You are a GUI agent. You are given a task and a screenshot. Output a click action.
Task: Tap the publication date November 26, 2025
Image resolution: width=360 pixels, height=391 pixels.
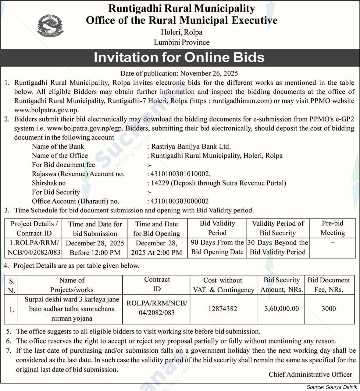click(x=209, y=73)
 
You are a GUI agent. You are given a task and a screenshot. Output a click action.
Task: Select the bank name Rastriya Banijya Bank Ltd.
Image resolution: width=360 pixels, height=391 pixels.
click(x=191, y=146)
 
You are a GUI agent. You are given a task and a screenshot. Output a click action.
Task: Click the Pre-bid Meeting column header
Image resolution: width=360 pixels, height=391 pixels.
click(x=333, y=228)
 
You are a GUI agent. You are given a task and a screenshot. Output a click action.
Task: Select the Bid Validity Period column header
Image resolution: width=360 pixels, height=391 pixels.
click(x=217, y=228)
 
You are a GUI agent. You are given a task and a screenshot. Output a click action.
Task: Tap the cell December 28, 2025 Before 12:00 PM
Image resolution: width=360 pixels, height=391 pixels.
click(x=95, y=248)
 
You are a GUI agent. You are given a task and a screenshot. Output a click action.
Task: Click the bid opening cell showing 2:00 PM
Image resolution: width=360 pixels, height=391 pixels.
click(x=156, y=248)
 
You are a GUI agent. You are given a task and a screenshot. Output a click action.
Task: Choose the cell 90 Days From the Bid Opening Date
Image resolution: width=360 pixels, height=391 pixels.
click(x=217, y=247)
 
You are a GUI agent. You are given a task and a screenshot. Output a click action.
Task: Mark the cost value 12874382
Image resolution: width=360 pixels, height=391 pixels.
click(x=223, y=309)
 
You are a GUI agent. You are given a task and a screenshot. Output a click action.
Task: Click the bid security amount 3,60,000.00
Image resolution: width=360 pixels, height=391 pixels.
click(x=282, y=308)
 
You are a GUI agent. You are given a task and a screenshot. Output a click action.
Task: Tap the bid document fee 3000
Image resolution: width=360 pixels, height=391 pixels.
click(x=329, y=308)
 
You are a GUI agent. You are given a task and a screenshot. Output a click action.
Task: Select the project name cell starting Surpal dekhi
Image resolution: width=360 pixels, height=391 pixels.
click(x=72, y=309)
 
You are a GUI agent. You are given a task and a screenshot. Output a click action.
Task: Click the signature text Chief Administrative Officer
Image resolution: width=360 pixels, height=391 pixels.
click(x=310, y=375)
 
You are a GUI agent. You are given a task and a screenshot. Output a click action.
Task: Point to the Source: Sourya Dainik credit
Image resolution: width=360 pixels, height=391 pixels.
click(x=332, y=387)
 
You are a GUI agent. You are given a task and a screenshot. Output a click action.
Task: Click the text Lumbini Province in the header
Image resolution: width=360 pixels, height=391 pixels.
click(x=182, y=42)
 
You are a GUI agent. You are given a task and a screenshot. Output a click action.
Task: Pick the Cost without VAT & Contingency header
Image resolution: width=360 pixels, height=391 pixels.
click(x=223, y=285)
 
